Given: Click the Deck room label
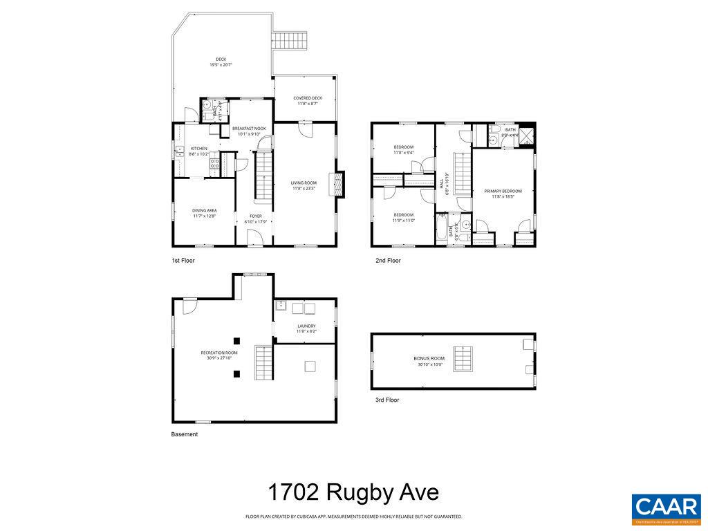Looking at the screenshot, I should [221, 62].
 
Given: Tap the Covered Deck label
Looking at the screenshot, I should [308, 100].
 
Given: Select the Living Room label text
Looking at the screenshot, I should [304, 185].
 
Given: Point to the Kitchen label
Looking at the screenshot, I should [198, 151].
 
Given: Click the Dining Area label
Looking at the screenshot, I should [204, 213].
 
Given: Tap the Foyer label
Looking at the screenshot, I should [256, 218].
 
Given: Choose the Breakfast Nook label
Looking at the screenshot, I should [249, 131].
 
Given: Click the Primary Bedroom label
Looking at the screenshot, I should [503, 194].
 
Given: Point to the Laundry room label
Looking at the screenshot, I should [306, 328].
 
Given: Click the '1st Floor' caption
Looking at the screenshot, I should [183, 261].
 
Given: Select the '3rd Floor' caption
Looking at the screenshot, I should [387, 400].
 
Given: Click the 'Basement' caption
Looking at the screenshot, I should [185, 434].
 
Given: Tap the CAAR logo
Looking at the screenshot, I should [666, 508].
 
